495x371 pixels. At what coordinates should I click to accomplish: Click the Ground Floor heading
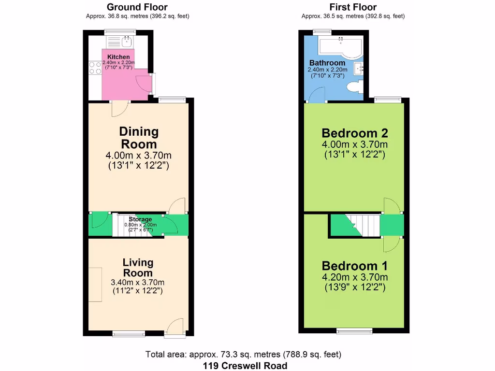pos(137,7)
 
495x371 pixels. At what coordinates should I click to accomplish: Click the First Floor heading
pos(353,7)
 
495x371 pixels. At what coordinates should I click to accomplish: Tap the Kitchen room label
pos(118,57)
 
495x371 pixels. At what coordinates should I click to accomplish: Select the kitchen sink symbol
pos(128,41)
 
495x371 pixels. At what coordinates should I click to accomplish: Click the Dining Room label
pos(139,138)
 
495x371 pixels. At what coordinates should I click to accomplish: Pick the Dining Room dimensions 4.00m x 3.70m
pos(139,156)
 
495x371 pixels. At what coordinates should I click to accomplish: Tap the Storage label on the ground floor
pos(140,219)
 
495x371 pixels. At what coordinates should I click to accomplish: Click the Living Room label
pos(138,268)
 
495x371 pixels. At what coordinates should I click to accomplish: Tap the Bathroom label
pos(327,63)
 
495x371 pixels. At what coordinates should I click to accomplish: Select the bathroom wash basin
pos(359,69)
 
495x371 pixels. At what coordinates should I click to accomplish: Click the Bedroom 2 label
pos(355,133)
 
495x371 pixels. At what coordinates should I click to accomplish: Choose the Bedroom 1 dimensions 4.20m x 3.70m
pos(355,277)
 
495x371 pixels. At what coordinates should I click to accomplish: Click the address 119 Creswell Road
pos(245,366)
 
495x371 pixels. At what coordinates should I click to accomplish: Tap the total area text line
pos(244,355)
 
